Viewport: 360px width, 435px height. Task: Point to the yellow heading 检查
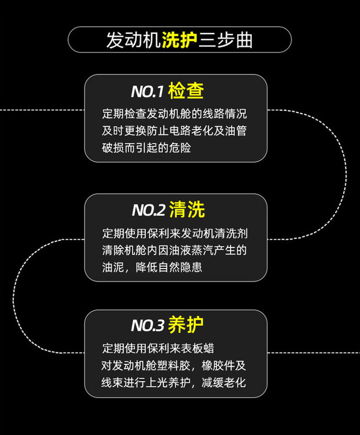(x=186, y=91)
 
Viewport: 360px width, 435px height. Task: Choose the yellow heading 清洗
(x=187, y=210)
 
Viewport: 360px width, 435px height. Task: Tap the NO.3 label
(x=147, y=326)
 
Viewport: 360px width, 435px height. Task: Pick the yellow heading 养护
(x=186, y=325)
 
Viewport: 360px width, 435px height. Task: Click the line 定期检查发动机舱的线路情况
(x=175, y=114)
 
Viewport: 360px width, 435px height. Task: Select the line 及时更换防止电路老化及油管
(x=175, y=131)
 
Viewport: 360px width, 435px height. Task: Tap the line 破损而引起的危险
(x=146, y=147)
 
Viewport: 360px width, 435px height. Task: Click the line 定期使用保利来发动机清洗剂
(x=175, y=234)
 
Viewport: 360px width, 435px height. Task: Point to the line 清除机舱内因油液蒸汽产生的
(x=175, y=251)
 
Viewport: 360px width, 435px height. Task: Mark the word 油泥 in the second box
(x=111, y=268)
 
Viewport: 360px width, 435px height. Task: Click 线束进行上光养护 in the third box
(x=145, y=382)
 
